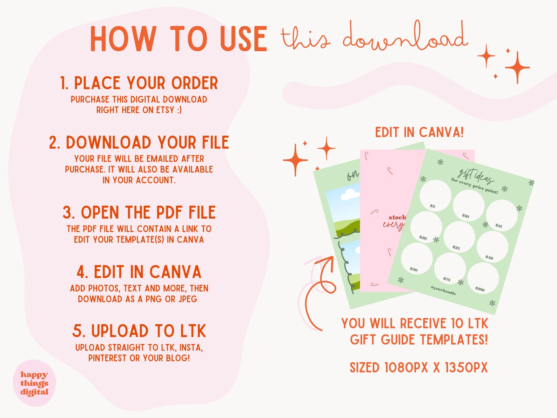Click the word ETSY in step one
coord(165,110)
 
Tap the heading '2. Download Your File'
coord(139,143)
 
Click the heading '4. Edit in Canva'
coord(139,272)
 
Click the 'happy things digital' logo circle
coord(34,383)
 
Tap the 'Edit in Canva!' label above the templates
coord(420,133)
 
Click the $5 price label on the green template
coord(432,206)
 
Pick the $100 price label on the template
coord(480,289)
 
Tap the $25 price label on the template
coord(456,247)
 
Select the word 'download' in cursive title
coord(405,37)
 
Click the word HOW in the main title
coord(123,39)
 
